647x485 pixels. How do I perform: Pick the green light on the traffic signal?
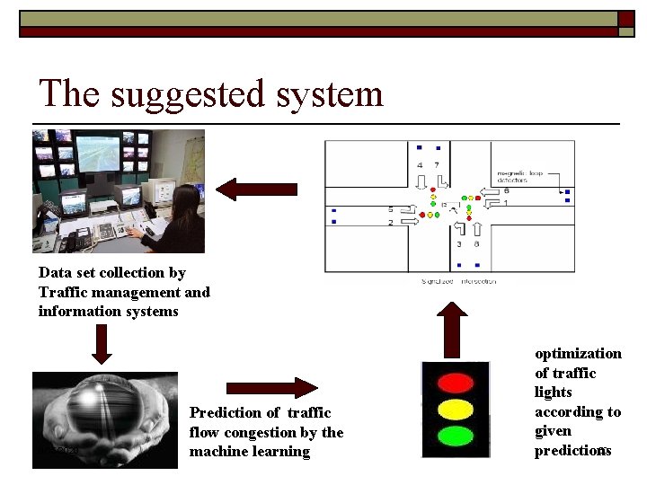(455, 437)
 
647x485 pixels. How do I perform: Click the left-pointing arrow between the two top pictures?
(256, 189)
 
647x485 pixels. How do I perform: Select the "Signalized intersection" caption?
(458, 281)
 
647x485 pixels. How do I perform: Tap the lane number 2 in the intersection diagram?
(391, 221)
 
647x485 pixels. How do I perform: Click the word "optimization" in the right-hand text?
(578, 354)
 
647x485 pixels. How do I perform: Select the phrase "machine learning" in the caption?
(250, 452)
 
